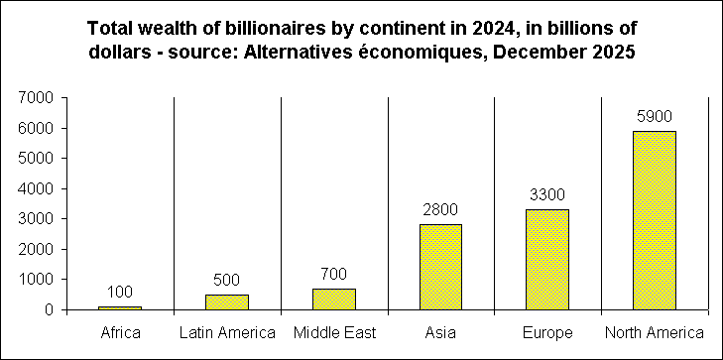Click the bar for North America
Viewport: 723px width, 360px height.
[x=655, y=220]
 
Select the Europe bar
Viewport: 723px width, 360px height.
[x=547, y=259]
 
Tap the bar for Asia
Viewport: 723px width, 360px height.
[x=440, y=267]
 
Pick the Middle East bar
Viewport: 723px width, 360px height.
[x=334, y=299]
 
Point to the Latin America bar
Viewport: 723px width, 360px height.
[x=227, y=301]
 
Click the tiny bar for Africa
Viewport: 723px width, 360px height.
[x=119, y=307]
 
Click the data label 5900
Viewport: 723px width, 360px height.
[x=655, y=117]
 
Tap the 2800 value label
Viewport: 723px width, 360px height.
[x=440, y=210]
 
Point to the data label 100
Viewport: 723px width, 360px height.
[x=119, y=292]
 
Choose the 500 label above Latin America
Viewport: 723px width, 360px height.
[x=227, y=280]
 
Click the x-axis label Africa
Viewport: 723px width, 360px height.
[x=119, y=332]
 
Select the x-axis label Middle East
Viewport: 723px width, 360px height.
[x=334, y=332]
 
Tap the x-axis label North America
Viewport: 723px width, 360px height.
[x=656, y=332]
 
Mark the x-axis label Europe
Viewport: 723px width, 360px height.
[x=547, y=332]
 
